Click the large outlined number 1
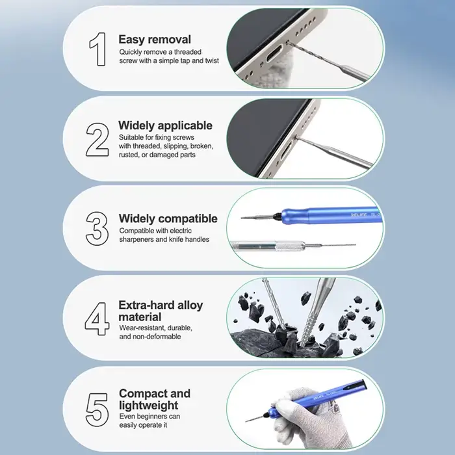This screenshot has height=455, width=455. pyautogui.click(x=97, y=49)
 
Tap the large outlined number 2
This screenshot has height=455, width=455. pyautogui.click(x=97, y=139)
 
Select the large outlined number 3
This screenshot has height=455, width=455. pyautogui.click(x=97, y=229)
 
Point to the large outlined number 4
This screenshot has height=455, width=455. pyautogui.click(x=97, y=318)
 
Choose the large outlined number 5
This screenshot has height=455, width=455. pyautogui.click(x=97, y=409)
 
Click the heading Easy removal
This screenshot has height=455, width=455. pyautogui.click(x=155, y=40)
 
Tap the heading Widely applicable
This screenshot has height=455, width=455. pyautogui.click(x=165, y=125)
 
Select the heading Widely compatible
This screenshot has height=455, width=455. pyautogui.click(x=168, y=218)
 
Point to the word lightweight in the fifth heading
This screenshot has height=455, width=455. pyautogui.click(x=149, y=406)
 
